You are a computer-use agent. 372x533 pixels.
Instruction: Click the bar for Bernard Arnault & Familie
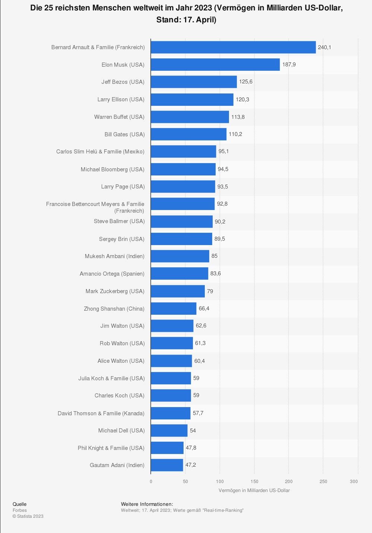tap(233, 47)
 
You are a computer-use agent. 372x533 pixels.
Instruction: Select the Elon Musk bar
tap(215, 64)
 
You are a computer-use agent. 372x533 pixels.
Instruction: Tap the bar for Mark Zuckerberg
tap(178, 291)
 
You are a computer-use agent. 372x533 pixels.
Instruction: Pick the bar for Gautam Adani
tap(167, 465)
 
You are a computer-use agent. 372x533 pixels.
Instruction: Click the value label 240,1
tap(324, 47)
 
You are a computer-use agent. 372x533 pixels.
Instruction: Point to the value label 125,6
tap(246, 82)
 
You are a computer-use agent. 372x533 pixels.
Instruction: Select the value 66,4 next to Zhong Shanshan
tap(204, 308)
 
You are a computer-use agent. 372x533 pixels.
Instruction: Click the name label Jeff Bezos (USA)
tap(123, 82)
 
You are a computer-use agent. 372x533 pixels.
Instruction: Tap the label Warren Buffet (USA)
tap(119, 117)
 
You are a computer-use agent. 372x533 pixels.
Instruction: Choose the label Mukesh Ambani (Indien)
tap(115, 256)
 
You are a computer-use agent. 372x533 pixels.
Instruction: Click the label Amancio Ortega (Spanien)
tap(112, 274)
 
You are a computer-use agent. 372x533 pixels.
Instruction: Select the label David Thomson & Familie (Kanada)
tap(101, 413)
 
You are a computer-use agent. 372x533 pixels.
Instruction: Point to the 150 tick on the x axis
tap(254, 482)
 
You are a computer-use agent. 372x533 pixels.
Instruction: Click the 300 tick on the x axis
tap(354, 482)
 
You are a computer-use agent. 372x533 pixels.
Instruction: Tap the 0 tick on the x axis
tap(151, 482)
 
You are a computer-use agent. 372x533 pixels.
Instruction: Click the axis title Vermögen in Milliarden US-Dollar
tap(254, 491)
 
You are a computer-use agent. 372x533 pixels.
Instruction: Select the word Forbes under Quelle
tap(20, 510)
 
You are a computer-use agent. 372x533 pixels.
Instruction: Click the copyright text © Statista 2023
tap(28, 516)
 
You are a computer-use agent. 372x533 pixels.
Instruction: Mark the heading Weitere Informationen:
tap(147, 504)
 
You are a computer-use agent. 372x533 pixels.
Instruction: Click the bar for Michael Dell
tap(169, 431)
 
